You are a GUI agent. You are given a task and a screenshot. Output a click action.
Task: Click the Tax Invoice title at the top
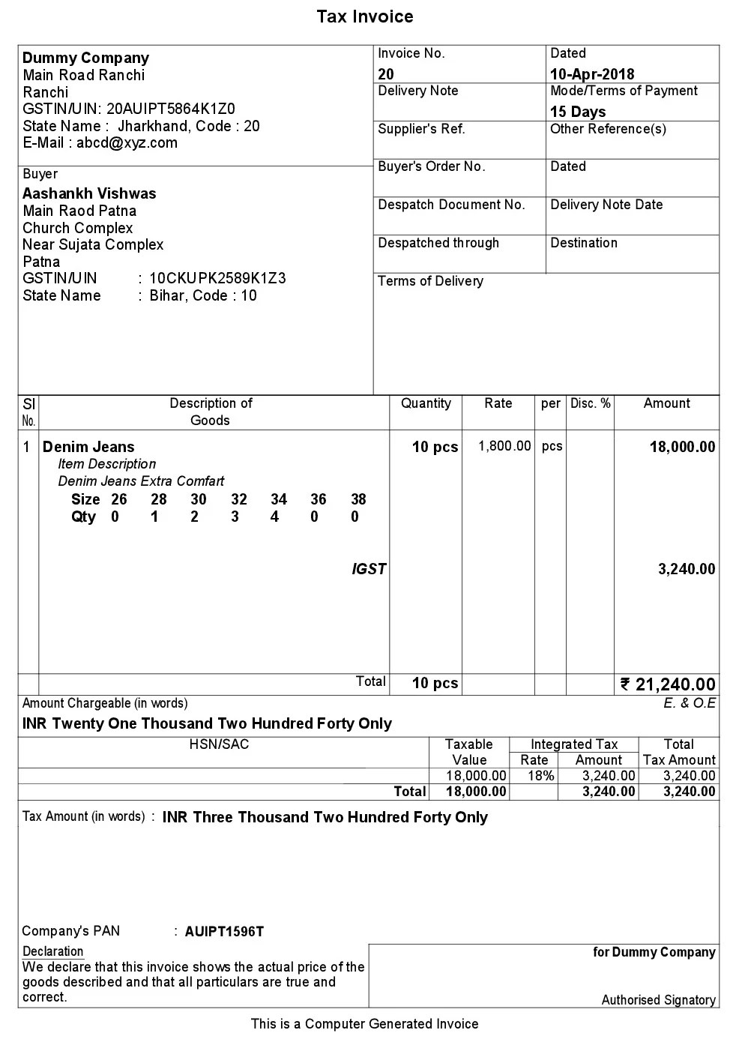point(364,16)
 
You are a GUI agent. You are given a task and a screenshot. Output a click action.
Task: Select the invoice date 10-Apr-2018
point(591,73)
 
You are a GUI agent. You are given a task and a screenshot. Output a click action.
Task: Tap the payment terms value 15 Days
point(577,112)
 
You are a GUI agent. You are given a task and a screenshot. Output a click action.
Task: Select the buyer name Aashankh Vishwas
point(89,193)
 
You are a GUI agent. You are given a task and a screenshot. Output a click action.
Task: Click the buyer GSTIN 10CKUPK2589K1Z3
point(217,278)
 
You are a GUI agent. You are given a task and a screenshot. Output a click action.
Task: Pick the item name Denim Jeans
point(88,447)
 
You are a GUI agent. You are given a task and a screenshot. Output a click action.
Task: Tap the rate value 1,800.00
point(504,446)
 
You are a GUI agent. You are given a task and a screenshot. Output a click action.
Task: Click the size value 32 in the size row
point(238,499)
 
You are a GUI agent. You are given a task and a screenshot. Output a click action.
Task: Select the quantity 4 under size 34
point(274,517)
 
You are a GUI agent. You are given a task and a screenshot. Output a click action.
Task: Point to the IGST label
point(369,569)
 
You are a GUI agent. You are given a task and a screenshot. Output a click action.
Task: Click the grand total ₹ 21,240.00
point(668,684)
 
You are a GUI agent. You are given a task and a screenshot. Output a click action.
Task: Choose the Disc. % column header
point(590,403)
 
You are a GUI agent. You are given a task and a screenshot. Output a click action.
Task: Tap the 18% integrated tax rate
point(540,776)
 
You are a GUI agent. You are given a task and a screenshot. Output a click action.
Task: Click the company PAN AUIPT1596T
point(224,932)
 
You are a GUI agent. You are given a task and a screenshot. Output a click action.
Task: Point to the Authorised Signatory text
point(658,1000)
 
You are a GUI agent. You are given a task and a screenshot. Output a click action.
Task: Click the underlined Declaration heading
point(52,951)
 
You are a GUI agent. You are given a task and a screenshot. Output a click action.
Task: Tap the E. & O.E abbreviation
point(689,703)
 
